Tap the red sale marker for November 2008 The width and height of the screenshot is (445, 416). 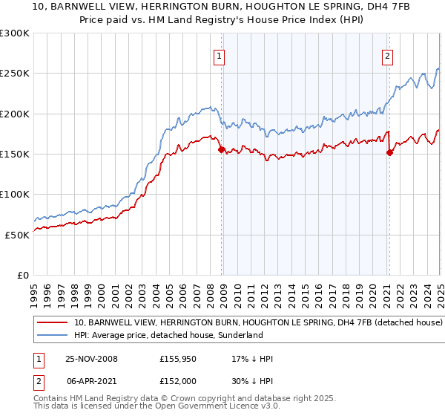[221, 149]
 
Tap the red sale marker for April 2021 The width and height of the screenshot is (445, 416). [389, 152]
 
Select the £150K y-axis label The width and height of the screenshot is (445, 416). [15, 155]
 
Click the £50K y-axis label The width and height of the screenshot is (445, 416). [18, 235]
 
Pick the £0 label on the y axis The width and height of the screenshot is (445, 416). [24, 275]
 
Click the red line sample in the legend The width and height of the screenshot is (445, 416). [52, 323]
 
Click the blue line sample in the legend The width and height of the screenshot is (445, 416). [52, 336]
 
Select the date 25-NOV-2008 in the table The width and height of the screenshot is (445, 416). [92, 359]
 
